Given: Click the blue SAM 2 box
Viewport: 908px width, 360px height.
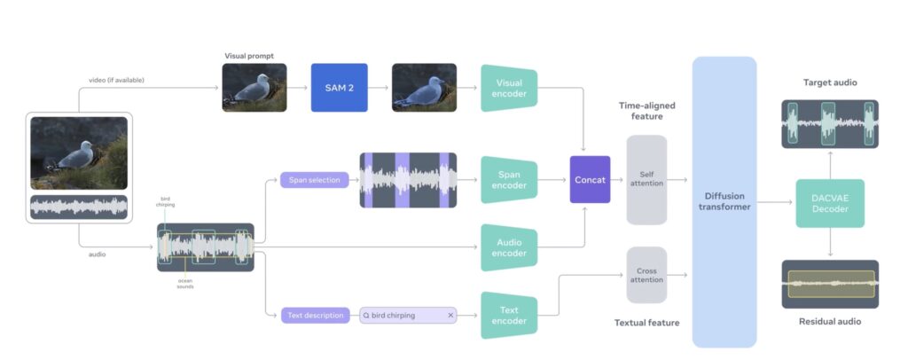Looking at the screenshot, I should pyautogui.click(x=339, y=87).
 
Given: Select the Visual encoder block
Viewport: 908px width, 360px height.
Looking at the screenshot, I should pyautogui.click(x=509, y=87).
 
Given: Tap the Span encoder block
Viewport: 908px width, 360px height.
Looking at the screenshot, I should pyautogui.click(x=509, y=180).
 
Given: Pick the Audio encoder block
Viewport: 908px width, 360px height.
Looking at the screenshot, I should pyautogui.click(x=509, y=247).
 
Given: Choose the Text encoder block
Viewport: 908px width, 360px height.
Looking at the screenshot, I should pyautogui.click(x=509, y=315).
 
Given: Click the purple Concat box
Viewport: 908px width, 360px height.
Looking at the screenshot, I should pyautogui.click(x=590, y=180).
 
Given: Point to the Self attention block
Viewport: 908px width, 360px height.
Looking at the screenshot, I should pyautogui.click(x=646, y=180).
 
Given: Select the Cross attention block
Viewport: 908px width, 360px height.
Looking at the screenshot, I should pyautogui.click(x=646, y=275).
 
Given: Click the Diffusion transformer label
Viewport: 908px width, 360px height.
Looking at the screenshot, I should pyautogui.click(x=724, y=201).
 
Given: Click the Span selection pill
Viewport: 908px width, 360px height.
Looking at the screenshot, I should pyautogui.click(x=315, y=180).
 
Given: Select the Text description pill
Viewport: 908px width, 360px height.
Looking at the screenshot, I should pyautogui.click(x=316, y=315).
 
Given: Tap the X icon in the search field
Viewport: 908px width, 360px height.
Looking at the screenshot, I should pyautogui.click(x=450, y=315).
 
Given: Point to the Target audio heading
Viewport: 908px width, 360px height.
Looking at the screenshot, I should pyautogui.click(x=830, y=82).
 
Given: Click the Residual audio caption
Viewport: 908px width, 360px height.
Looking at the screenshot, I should pyautogui.click(x=830, y=321).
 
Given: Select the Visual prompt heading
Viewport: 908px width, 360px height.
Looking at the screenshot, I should pyautogui.click(x=250, y=55).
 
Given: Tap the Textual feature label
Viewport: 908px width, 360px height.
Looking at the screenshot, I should pyautogui.click(x=647, y=323).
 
